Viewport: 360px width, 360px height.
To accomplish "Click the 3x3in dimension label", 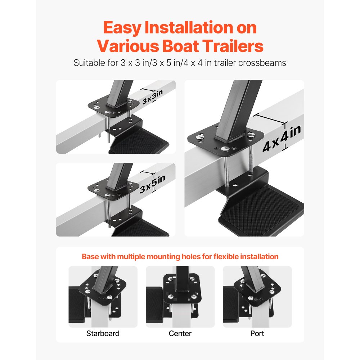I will click(x=152, y=97).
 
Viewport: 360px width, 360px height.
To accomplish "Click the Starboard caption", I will click(x=103, y=333).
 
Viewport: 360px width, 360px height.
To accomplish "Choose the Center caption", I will click(x=180, y=333).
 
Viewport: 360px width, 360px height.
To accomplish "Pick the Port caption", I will click(x=257, y=333).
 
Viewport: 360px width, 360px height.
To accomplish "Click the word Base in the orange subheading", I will click(x=90, y=257).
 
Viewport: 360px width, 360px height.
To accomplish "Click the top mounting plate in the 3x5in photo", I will click(x=113, y=188).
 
